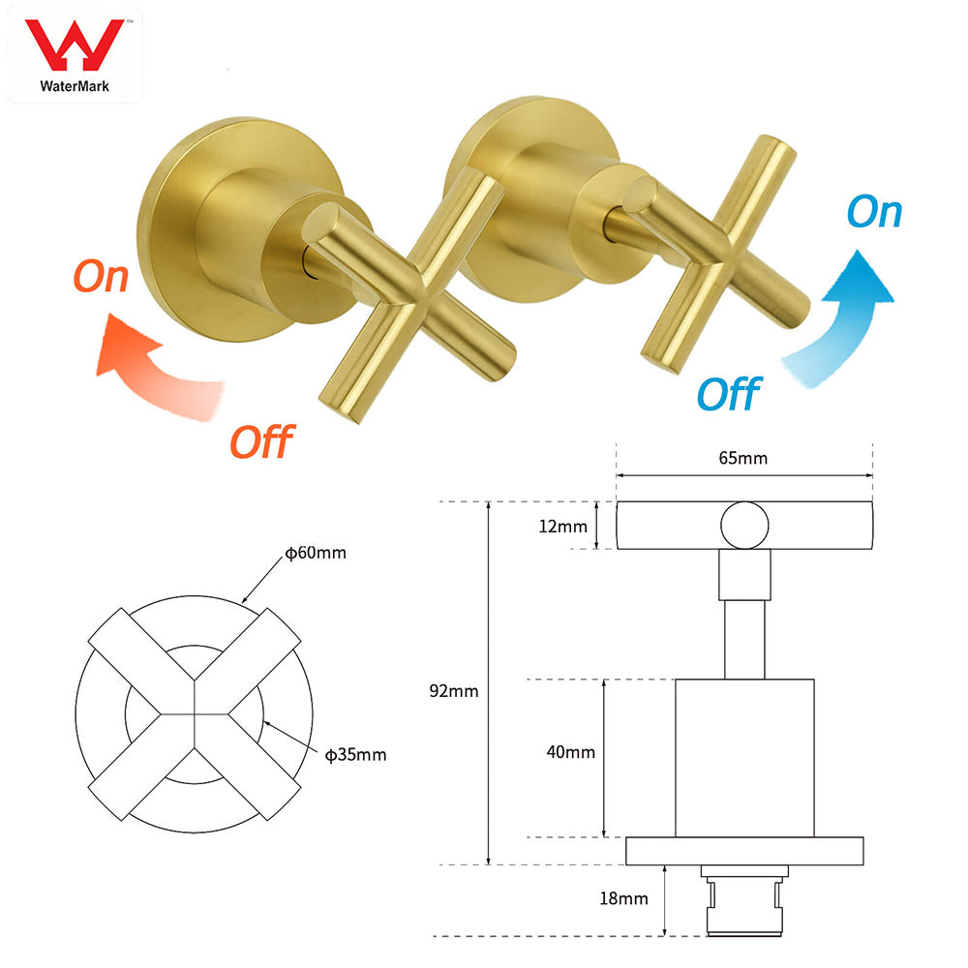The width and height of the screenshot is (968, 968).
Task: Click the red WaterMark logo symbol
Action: pos(74,43)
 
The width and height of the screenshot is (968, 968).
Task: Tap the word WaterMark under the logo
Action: pos(75,85)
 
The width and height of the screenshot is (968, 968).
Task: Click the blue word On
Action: pos(873,212)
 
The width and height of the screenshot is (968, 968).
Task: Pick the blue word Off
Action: pos(728,393)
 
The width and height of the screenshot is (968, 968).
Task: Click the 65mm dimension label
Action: pos(744,458)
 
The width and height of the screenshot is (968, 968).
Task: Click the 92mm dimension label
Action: pos(455,691)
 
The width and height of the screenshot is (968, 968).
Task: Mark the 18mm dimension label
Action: pos(624,899)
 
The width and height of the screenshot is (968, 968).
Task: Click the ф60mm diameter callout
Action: pos(315,554)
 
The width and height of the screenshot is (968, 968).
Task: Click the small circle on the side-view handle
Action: pos(744,526)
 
